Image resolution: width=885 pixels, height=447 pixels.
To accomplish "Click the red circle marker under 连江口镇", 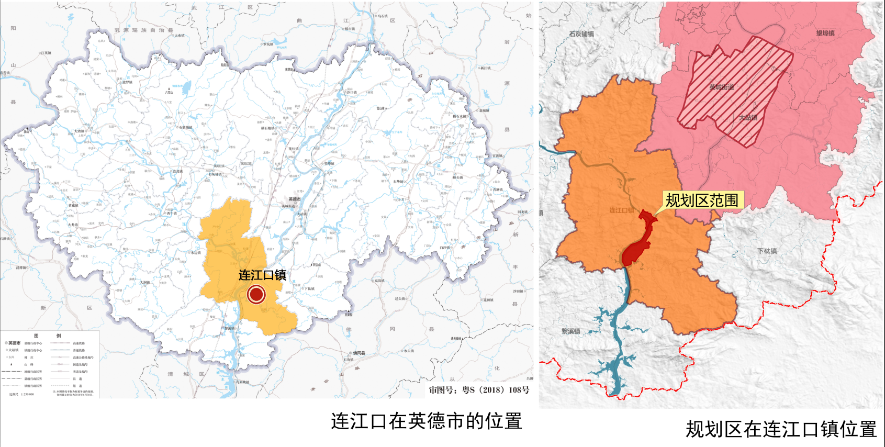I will (256, 294).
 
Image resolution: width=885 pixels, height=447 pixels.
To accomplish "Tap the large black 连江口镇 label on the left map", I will (262, 275).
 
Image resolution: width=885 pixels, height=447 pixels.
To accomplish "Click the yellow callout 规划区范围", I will (702, 200).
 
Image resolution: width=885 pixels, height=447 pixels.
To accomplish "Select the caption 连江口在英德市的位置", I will (426, 421).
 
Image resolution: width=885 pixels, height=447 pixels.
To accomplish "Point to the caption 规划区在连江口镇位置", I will (781, 429).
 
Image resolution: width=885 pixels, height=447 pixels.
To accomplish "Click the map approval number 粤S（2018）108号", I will (479, 390).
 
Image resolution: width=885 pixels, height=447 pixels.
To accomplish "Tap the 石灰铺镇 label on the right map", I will (581, 34).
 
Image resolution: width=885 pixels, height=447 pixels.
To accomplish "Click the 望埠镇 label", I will (825, 33).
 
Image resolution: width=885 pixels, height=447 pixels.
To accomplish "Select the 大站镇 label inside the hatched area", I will (748, 118).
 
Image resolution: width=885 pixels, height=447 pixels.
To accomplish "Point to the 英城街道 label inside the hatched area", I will (721, 87).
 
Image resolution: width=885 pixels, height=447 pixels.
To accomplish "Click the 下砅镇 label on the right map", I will (767, 251).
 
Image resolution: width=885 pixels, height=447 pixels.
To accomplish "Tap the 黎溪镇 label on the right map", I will (570, 331).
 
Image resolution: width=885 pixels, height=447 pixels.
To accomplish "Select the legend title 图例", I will (47, 336).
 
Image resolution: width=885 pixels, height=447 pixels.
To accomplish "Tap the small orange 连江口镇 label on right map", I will (621, 210).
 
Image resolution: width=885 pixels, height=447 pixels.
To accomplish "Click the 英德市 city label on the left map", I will (295, 199).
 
